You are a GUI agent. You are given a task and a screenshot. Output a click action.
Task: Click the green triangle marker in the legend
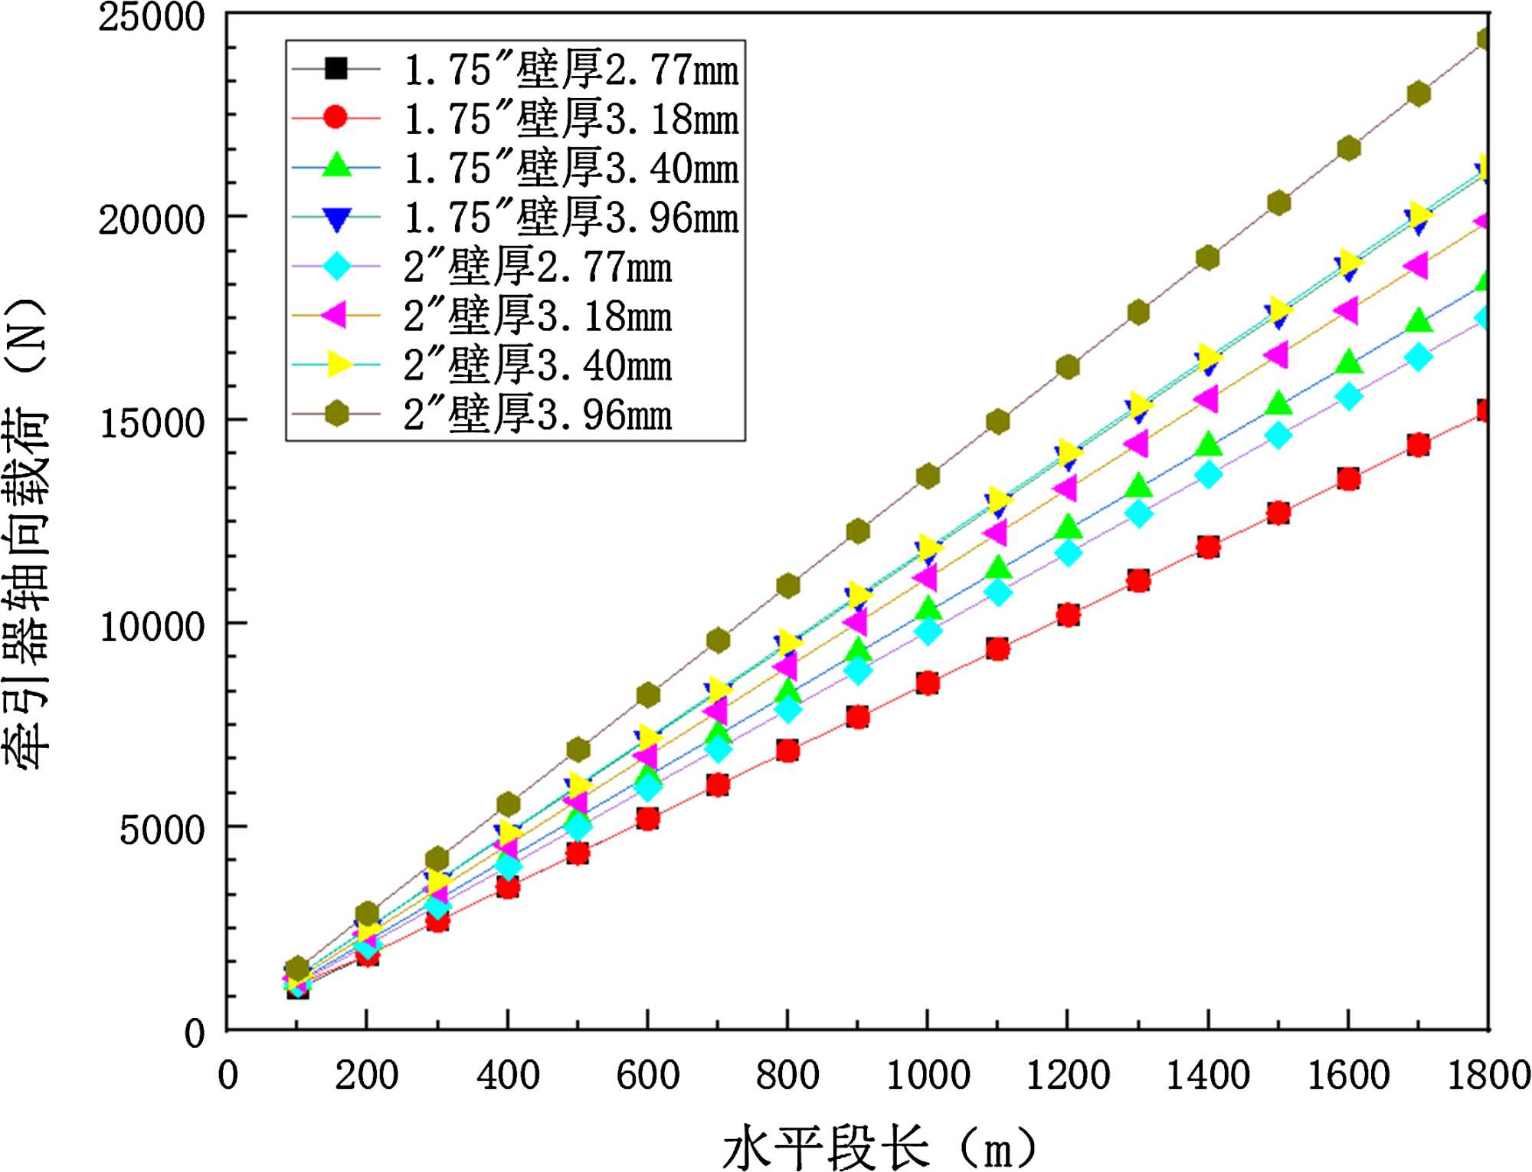coord(336,166)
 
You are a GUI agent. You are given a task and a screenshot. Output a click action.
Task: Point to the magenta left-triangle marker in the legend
coord(335,315)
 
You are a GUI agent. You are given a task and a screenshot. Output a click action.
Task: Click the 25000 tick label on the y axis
coord(152,17)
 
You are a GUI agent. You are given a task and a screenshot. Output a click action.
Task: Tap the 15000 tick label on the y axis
coord(152,422)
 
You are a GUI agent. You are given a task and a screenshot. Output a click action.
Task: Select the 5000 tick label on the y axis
coord(162,829)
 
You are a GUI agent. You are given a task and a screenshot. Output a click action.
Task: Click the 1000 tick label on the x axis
coord(928,1075)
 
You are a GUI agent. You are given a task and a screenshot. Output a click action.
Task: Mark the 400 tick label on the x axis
coord(508,1075)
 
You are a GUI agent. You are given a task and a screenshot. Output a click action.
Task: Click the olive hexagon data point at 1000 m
coord(928,476)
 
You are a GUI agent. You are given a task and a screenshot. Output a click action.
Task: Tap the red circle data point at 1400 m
coord(1208,547)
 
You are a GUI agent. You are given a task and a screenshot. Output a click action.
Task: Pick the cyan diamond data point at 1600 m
coord(1348,396)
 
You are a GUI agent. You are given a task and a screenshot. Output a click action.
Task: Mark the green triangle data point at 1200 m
coord(1068,527)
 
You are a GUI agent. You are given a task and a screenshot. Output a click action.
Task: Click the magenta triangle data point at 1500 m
coord(1277,355)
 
